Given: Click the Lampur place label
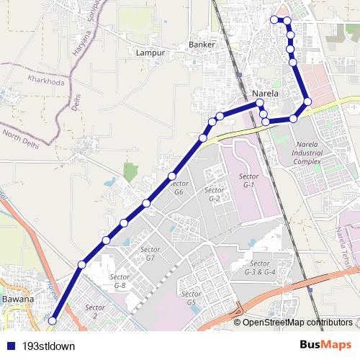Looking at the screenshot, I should coord(150,53).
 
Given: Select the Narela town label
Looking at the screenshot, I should coord(270,94).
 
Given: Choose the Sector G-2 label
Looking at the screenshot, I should coord(215,194).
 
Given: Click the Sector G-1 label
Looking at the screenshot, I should coord(248,180).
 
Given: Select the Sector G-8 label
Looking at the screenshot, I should coord(118,281).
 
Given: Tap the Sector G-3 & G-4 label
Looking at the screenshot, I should coord(260,267).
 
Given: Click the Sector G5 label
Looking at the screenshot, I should coord(191,298).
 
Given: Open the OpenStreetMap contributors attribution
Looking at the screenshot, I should coord(297,322).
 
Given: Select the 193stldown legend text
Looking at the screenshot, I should coord(49,346).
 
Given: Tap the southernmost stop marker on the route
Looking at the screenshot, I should coord(52,330).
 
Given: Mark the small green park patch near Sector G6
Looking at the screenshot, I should coord(130,171).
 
